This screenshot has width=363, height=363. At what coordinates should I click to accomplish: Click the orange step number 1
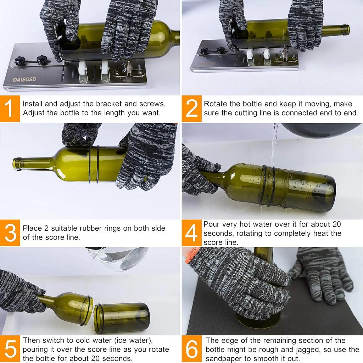(x=10, y=109)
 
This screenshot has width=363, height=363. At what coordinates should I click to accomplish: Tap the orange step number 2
(x=191, y=109)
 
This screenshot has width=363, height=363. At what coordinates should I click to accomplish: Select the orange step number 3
(x=10, y=233)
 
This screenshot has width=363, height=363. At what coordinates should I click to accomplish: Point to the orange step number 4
(x=191, y=233)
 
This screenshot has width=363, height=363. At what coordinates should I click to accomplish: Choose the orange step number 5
(x=10, y=349)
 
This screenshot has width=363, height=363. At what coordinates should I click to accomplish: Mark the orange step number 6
(x=191, y=349)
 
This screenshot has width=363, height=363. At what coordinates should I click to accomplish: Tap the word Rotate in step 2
(x=215, y=104)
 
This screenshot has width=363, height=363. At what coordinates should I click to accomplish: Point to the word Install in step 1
(x=33, y=104)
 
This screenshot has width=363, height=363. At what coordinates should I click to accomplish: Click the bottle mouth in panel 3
(x=16, y=164)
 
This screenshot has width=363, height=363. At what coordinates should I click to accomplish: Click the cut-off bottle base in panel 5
(x=122, y=318)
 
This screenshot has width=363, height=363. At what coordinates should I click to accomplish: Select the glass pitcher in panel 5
(x=119, y=257)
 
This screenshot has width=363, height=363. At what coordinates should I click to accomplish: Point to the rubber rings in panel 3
(x=94, y=164)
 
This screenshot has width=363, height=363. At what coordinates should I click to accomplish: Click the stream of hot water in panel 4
(x=274, y=145)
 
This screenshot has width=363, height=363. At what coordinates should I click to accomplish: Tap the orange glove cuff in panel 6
(x=191, y=255)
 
